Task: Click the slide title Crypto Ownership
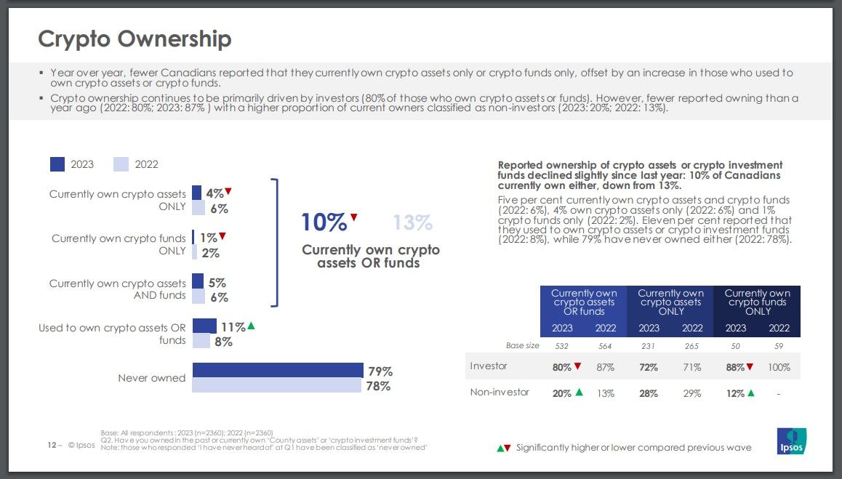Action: tap(135, 39)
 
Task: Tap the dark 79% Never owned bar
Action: tap(278, 370)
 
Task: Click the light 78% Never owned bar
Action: tap(276, 385)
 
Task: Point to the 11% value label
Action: tap(233, 327)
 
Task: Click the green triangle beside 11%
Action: tap(251, 326)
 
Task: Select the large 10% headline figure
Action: tap(324, 222)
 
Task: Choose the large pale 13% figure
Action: tap(412, 222)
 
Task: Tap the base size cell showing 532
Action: tap(562, 346)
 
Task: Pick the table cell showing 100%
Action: tap(779, 367)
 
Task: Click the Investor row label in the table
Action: tap(489, 366)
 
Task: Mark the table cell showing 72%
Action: tap(648, 367)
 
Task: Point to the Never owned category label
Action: tap(151, 378)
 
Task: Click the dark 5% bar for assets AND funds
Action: tap(198, 281)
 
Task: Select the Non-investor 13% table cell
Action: tap(606, 393)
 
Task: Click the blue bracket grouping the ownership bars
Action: tap(276, 243)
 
